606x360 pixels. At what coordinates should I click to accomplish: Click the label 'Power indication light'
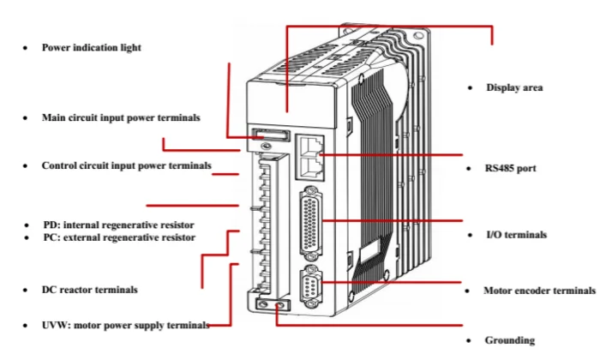(x=91, y=48)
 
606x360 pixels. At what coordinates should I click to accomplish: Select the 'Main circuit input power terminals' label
(x=121, y=117)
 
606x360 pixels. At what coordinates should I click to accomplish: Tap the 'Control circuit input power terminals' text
(x=126, y=165)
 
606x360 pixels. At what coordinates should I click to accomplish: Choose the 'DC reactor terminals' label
(x=89, y=290)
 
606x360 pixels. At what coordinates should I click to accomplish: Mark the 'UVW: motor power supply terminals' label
(x=125, y=325)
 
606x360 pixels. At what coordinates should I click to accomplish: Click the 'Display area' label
(x=514, y=87)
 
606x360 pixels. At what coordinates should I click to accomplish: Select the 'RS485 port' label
(x=511, y=169)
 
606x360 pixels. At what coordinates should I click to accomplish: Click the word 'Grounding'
(x=510, y=340)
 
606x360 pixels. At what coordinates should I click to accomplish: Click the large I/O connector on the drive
(x=309, y=225)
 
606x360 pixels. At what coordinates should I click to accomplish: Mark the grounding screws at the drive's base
(x=271, y=303)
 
